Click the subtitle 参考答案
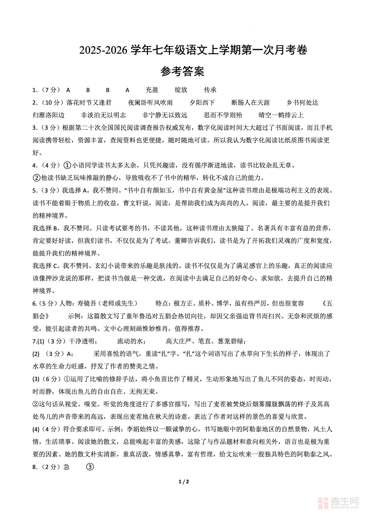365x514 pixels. tap(182, 72)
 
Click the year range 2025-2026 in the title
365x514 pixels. tap(103, 50)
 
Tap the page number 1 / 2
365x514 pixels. tap(184, 482)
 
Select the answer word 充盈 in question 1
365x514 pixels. tap(152, 90)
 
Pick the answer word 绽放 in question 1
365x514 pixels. tap(181, 90)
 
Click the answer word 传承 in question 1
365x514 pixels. tap(210, 90)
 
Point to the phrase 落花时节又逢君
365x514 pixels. tap(89, 103)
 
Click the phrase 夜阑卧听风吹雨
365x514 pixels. tap(150, 103)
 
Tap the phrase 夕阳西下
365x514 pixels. tap(202, 103)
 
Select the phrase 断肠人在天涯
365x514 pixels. tap(251, 103)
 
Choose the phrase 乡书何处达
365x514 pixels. tap(302, 103)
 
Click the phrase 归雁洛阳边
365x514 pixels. tap(49, 115)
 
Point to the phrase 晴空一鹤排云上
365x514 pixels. tap(281, 115)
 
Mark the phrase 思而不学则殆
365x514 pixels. tap(223, 115)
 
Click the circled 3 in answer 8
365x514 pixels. tap(90, 467)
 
